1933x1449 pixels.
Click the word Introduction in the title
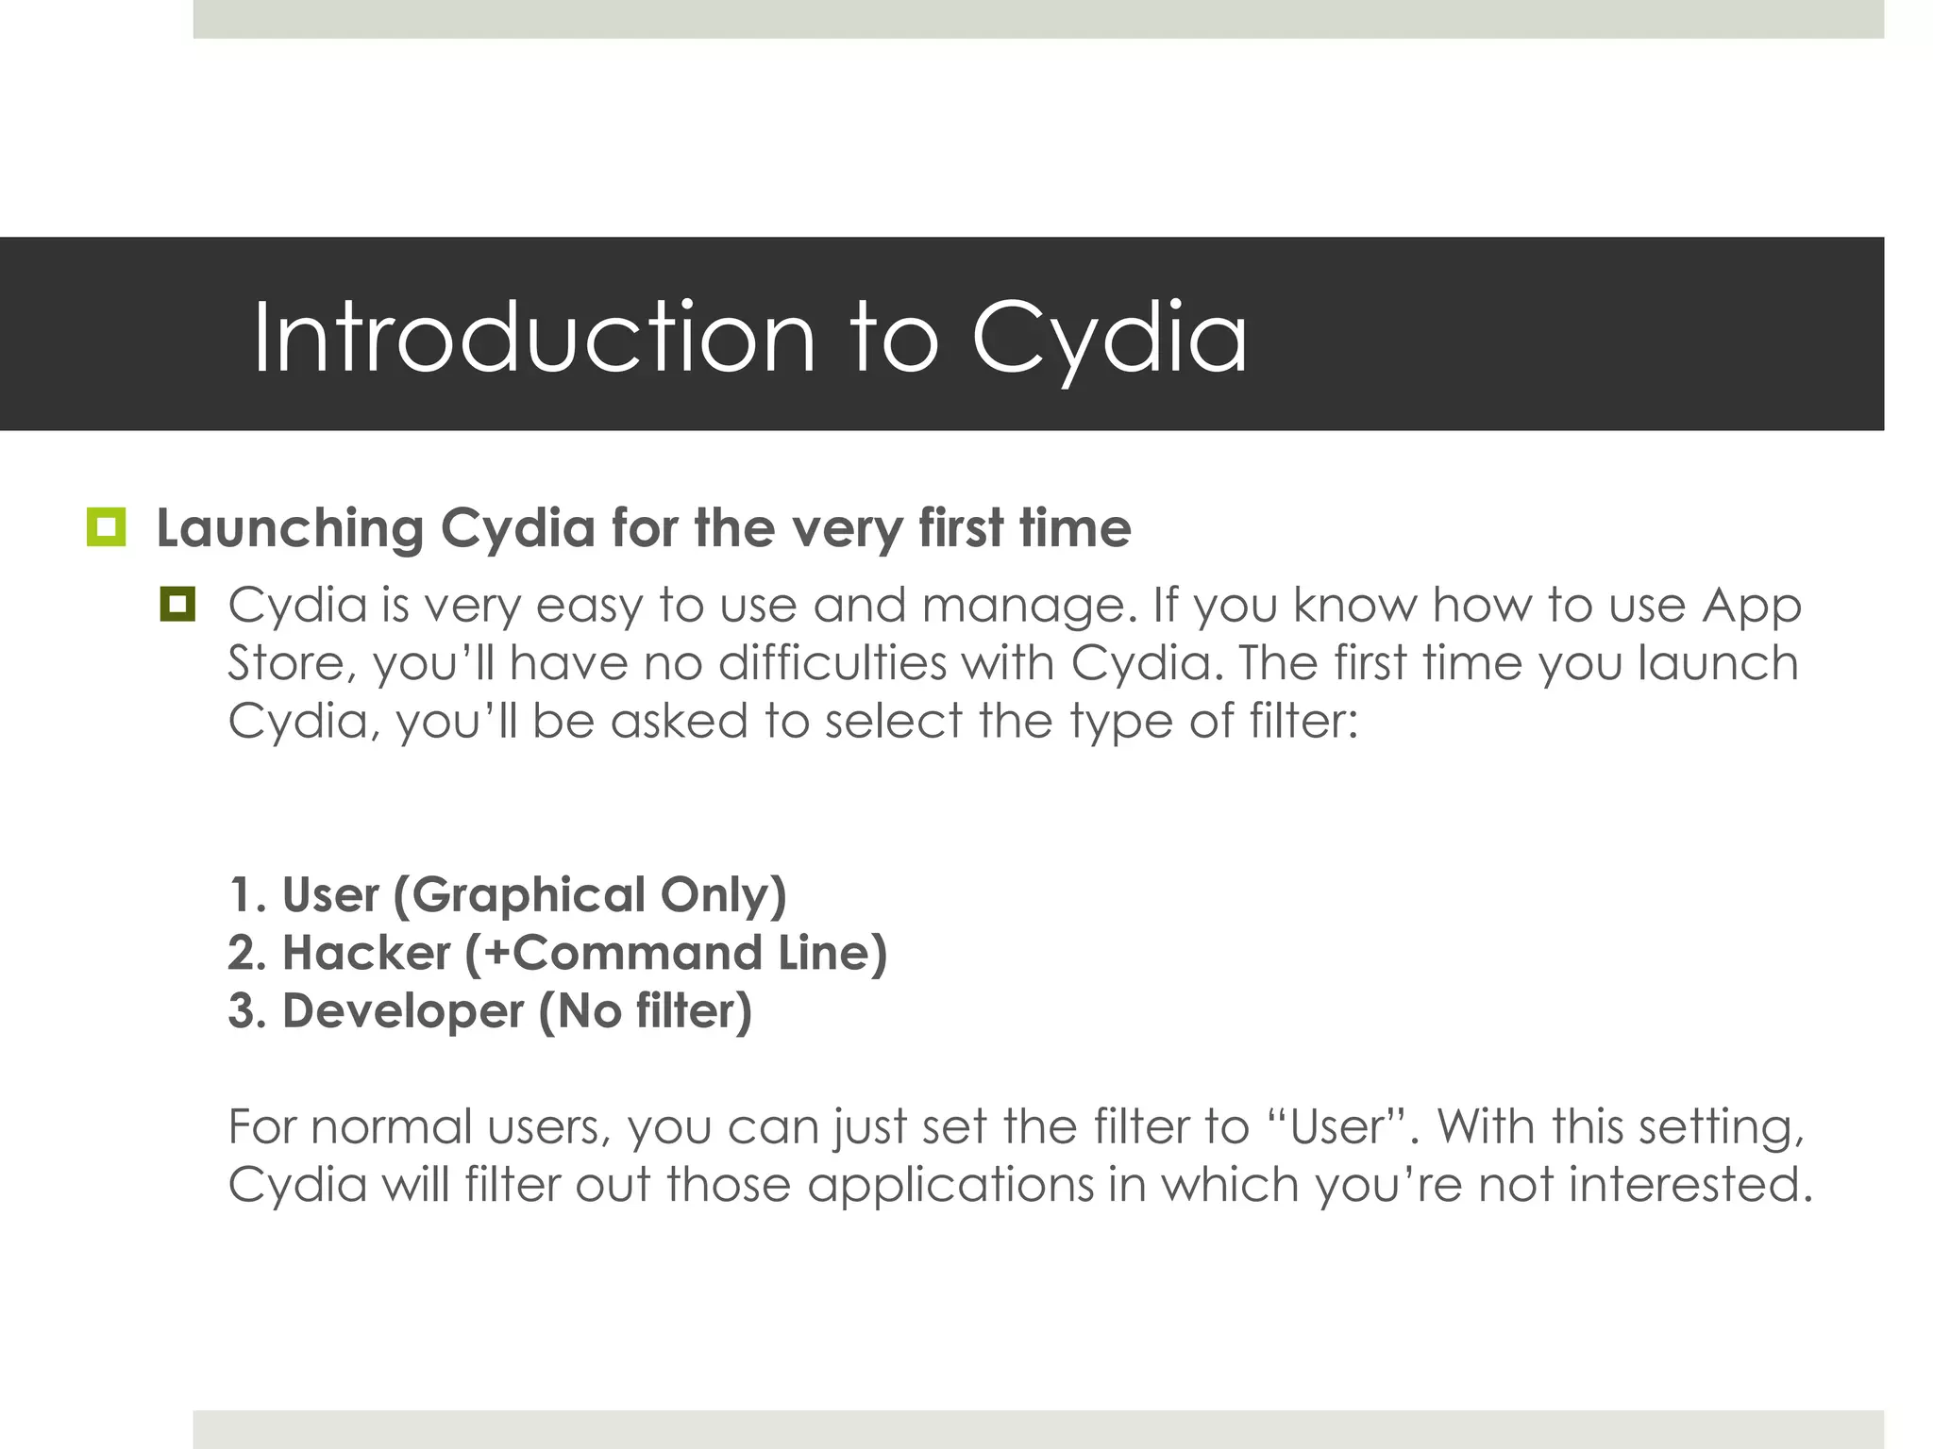point(533,338)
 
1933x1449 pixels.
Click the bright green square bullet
point(106,527)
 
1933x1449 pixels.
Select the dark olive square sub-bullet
point(177,604)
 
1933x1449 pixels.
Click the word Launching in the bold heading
point(290,528)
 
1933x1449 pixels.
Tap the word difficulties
point(832,663)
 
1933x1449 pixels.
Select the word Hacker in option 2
point(366,953)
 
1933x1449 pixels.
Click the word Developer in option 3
point(403,1011)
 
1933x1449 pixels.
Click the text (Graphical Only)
point(589,895)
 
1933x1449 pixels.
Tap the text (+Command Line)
point(676,953)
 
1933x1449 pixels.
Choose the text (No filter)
point(646,1011)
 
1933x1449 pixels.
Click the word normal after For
point(391,1127)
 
